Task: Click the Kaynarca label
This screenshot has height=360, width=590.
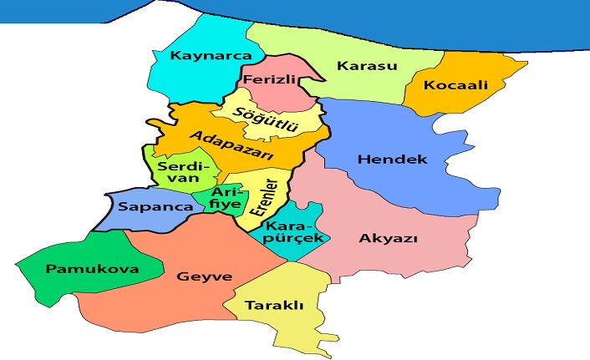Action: pos(198,56)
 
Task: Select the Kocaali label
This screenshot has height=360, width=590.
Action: pos(455,85)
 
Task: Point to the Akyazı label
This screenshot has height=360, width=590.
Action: pos(388,238)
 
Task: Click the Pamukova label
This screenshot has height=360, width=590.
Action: pos(80,269)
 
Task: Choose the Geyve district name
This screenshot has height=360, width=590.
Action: pos(204,276)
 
